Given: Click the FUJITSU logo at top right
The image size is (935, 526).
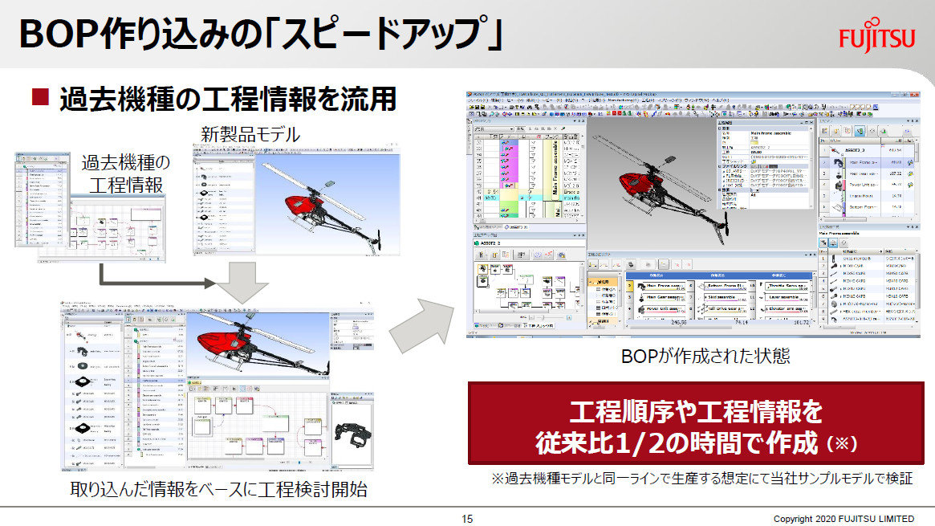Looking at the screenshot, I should (876, 38).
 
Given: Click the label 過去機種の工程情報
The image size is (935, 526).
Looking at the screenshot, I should (125, 173).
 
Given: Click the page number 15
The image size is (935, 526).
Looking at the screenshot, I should (467, 519).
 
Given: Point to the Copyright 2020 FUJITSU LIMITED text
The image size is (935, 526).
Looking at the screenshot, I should (843, 519).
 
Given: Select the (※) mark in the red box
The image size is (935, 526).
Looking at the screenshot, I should (841, 442).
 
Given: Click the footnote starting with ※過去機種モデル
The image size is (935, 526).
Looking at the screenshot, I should (701, 479).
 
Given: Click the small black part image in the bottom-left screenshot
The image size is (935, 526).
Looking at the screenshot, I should (354, 434).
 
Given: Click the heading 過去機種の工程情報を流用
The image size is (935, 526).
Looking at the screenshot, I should (228, 99).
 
